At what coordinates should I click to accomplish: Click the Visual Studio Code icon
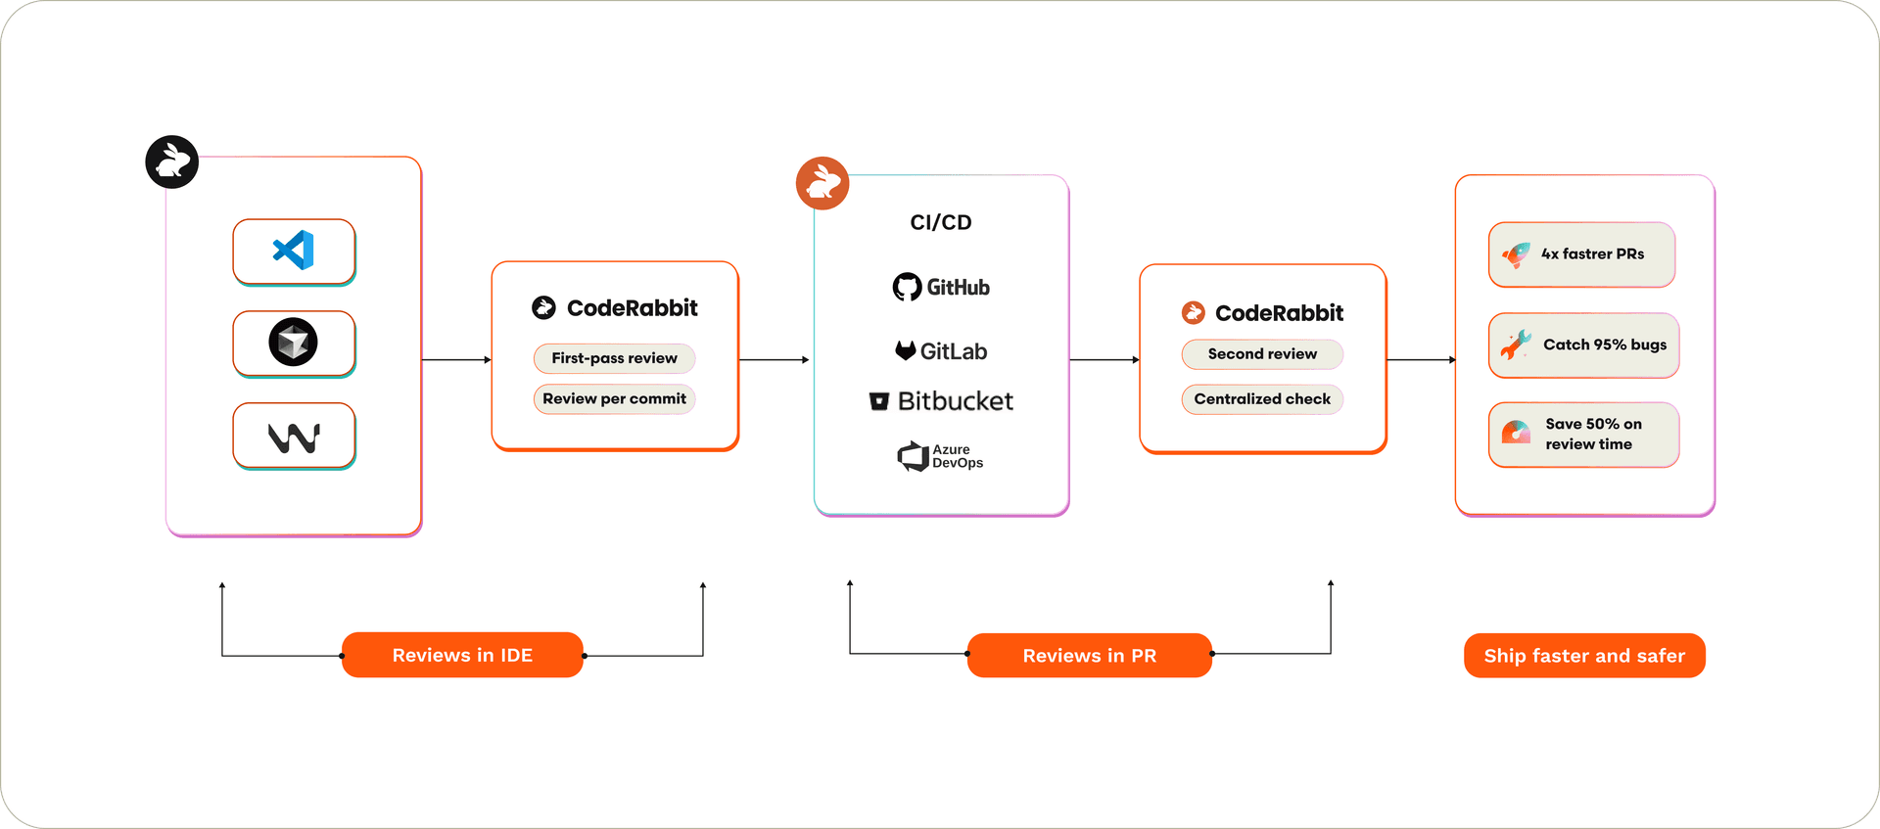tap(294, 251)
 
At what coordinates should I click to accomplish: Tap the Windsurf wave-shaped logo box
tap(294, 437)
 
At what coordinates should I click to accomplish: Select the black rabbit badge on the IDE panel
tap(172, 161)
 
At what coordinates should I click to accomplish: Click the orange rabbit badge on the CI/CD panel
tap(822, 183)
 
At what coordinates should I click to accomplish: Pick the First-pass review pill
tap(614, 358)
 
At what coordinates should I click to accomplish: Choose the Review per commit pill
tap(614, 398)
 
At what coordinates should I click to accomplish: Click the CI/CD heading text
tap(941, 222)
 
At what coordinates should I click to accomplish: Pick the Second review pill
tap(1262, 354)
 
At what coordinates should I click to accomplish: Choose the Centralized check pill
tap(1262, 399)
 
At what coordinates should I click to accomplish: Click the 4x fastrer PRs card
tap(1581, 254)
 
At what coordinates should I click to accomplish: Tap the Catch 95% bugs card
tap(1583, 345)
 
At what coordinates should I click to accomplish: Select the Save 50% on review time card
tap(1583, 435)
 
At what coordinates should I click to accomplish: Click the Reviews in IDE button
tap(462, 655)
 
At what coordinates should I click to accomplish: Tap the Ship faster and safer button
tap(1584, 656)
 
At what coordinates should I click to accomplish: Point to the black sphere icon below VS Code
tap(294, 343)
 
